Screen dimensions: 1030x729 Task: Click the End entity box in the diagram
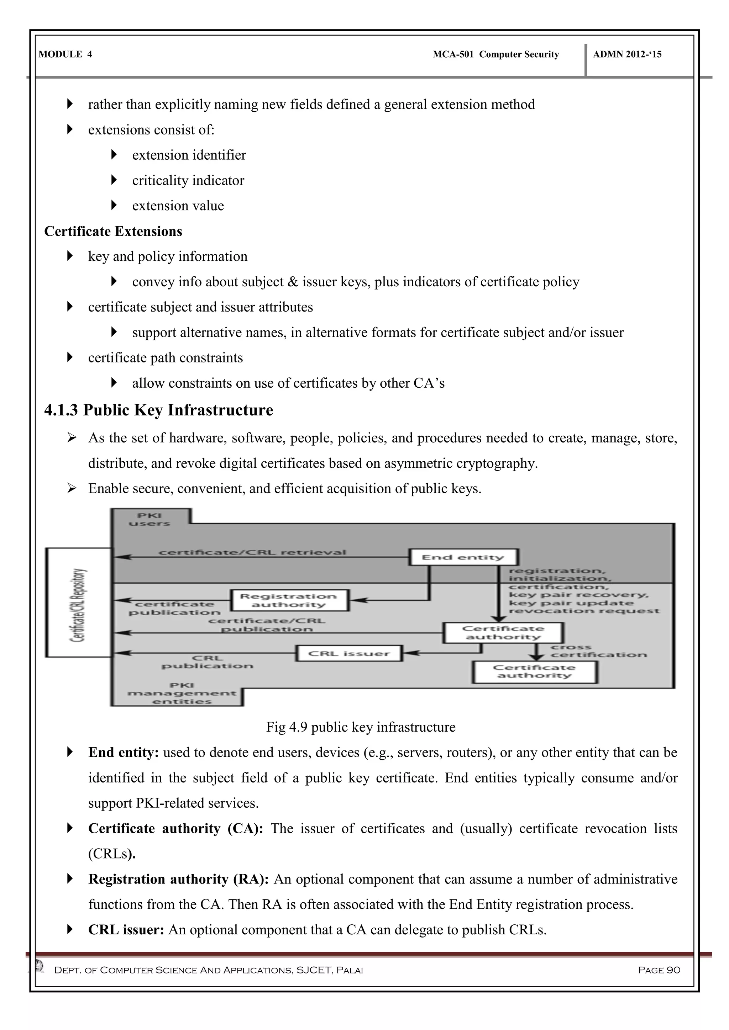pyautogui.click(x=463, y=557)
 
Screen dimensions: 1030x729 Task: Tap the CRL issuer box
pyautogui.click(x=349, y=653)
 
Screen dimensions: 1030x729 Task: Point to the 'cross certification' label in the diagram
pyautogui.click(x=598, y=651)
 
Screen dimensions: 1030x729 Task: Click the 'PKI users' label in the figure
pyautogui.click(x=150, y=519)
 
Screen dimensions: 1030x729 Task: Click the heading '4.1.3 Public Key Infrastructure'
pyautogui.click(x=158, y=410)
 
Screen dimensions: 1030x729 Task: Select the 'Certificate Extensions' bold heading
pyautogui.click(x=113, y=231)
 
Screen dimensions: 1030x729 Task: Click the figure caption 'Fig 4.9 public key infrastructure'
pyautogui.click(x=361, y=727)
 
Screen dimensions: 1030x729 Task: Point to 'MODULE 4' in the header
pyautogui.click(x=65, y=54)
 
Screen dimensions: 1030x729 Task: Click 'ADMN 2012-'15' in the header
pyautogui.click(x=627, y=54)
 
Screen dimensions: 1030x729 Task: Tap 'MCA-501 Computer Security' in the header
pyautogui.click(x=495, y=54)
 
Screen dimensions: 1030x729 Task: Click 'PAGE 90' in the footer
pyautogui.click(x=659, y=970)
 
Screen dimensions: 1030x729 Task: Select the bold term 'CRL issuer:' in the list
pyautogui.click(x=126, y=929)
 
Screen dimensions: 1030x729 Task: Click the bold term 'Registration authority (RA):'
pyautogui.click(x=178, y=879)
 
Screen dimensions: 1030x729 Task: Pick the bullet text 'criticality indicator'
pyautogui.click(x=188, y=180)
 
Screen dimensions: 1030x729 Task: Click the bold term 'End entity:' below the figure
pyautogui.click(x=124, y=752)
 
